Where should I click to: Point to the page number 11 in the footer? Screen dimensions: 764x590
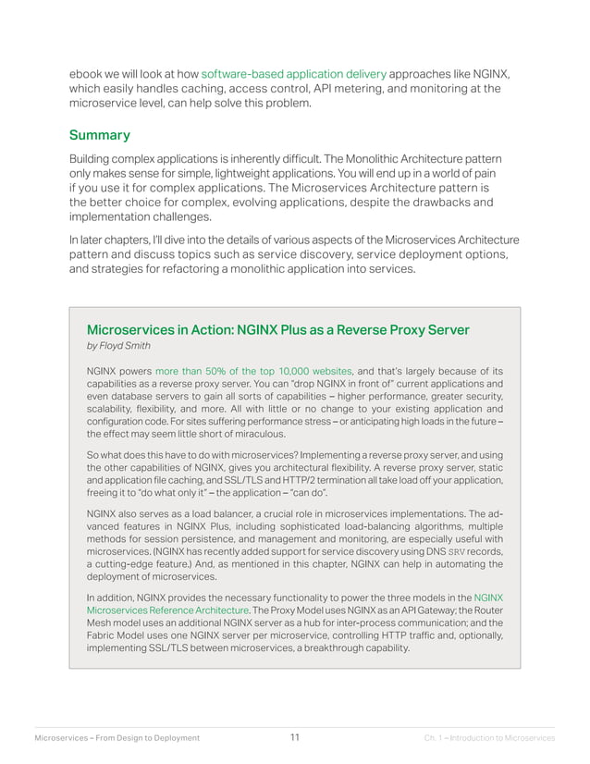[x=294, y=737]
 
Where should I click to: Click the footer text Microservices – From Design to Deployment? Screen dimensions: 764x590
[x=117, y=738]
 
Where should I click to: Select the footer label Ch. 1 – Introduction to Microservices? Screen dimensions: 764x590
[x=489, y=738]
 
